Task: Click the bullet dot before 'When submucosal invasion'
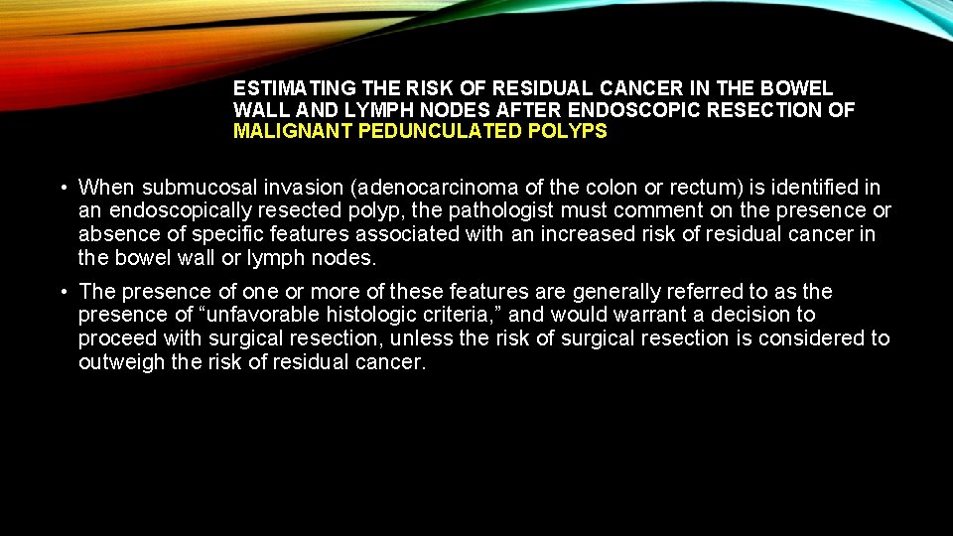[62, 188]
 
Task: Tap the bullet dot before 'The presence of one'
[62, 292]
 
